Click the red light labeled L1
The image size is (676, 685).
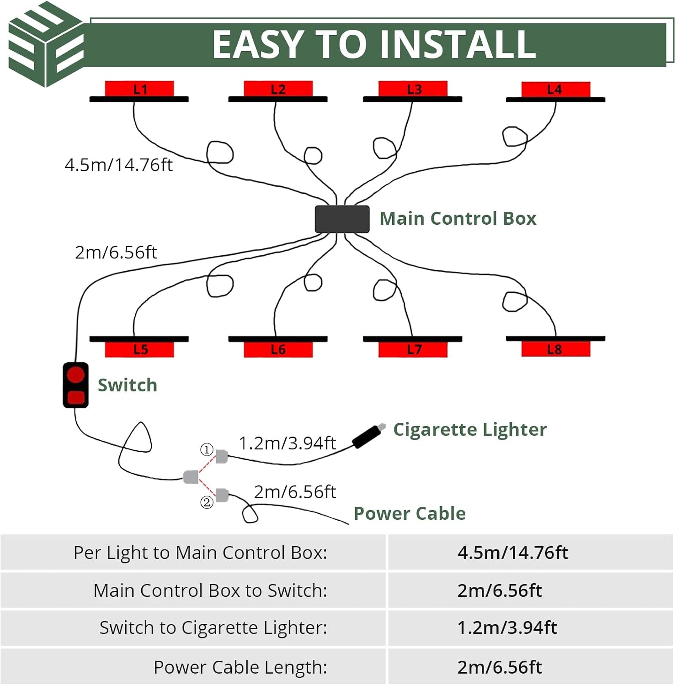click(139, 89)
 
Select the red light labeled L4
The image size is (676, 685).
click(556, 89)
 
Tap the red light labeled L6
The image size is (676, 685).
click(278, 349)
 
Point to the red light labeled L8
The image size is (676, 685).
click(556, 349)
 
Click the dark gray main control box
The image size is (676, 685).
click(342, 219)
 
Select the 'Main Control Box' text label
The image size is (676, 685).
click(458, 218)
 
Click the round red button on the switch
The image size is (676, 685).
click(75, 375)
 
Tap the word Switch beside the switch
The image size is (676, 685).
click(128, 385)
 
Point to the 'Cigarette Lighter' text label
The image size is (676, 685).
click(470, 430)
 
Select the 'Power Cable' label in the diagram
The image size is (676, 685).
click(410, 513)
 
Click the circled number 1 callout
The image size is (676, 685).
click(207, 450)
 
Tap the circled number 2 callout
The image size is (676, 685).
click(207, 502)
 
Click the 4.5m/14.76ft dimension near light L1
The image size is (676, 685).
click(119, 165)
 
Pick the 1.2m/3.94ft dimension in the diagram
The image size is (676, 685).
click(287, 443)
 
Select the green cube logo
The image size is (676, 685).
click(46, 44)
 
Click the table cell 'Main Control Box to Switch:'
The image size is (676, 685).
click(210, 590)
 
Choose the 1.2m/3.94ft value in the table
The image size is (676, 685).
click(507, 628)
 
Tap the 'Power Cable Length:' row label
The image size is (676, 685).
click(240, 667)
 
